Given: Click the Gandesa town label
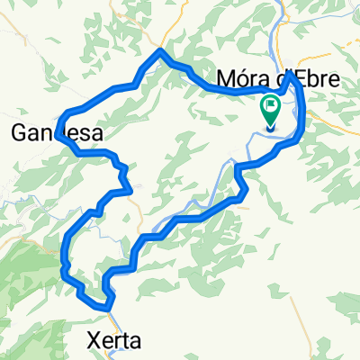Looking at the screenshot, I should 56,134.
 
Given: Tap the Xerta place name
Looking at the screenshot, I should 115,340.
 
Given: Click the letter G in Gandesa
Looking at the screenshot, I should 19,134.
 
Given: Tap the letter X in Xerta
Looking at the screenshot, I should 94,340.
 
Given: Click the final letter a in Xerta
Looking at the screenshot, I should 136,340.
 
